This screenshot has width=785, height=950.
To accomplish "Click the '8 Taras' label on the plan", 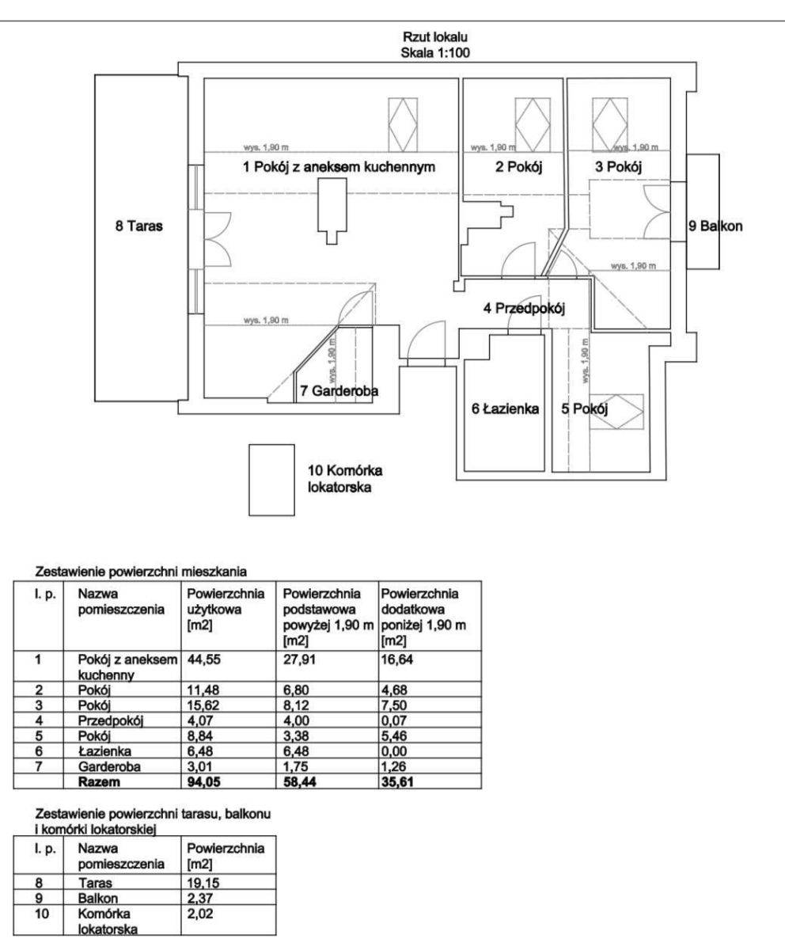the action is pos(138,226).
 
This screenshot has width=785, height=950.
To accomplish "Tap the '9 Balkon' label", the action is pos(715,226).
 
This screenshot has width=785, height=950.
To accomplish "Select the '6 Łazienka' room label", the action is pos(505,408).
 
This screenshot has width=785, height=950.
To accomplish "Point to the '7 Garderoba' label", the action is pos(339,390).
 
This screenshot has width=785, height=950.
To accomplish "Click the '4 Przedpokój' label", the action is pos(524,309).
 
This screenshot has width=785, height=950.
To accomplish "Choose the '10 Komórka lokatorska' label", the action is pos(345,479).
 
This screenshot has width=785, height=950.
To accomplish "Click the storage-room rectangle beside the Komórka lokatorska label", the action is pos(271,480).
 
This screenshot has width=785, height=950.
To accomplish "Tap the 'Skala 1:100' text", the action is pos(435,53).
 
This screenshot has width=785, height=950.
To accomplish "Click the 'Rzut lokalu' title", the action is pos(435,37).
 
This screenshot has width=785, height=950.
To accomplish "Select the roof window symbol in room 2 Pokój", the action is pos(532,124).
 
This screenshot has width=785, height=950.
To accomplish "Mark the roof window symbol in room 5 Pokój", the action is pos(616,412).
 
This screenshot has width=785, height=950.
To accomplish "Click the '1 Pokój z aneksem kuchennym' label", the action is pos(339,167).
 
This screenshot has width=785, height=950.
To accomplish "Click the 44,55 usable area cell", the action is pos(203,659).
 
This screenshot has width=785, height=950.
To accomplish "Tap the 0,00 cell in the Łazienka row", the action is pos(394,750).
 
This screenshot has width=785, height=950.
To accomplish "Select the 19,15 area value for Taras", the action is pos(203,883).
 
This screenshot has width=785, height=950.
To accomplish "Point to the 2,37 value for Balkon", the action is pos(200,898).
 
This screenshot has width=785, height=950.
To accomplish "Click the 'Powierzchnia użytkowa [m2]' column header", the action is pos(226,609).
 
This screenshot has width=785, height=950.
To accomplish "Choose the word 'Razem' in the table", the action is pos(99,781).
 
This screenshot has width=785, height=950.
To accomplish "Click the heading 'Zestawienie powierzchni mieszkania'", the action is pos(141,572).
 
